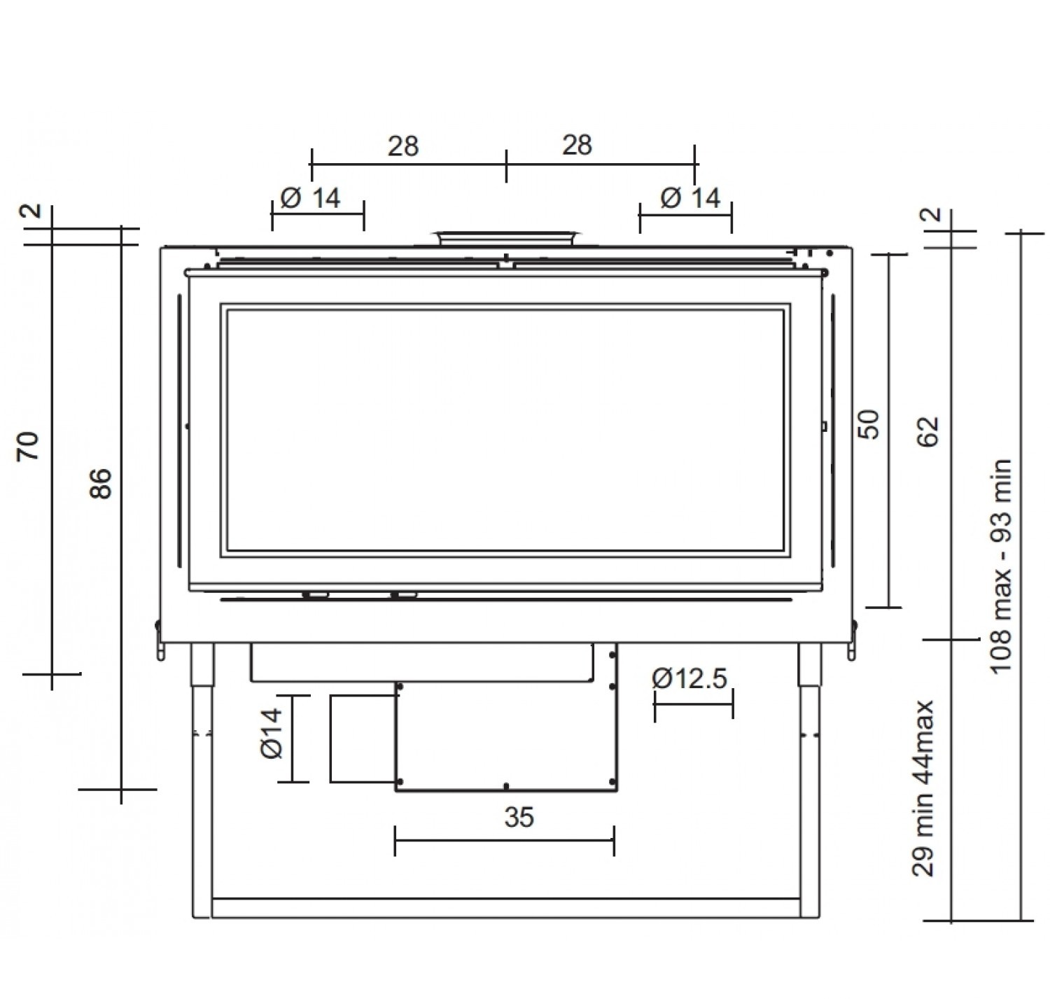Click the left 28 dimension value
402,146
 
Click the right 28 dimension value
577,145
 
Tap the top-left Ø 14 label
310,198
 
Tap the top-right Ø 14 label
690,198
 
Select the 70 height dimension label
28,446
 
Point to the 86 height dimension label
100,484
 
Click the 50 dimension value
869,424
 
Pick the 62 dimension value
928,431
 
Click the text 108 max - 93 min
1001,566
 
